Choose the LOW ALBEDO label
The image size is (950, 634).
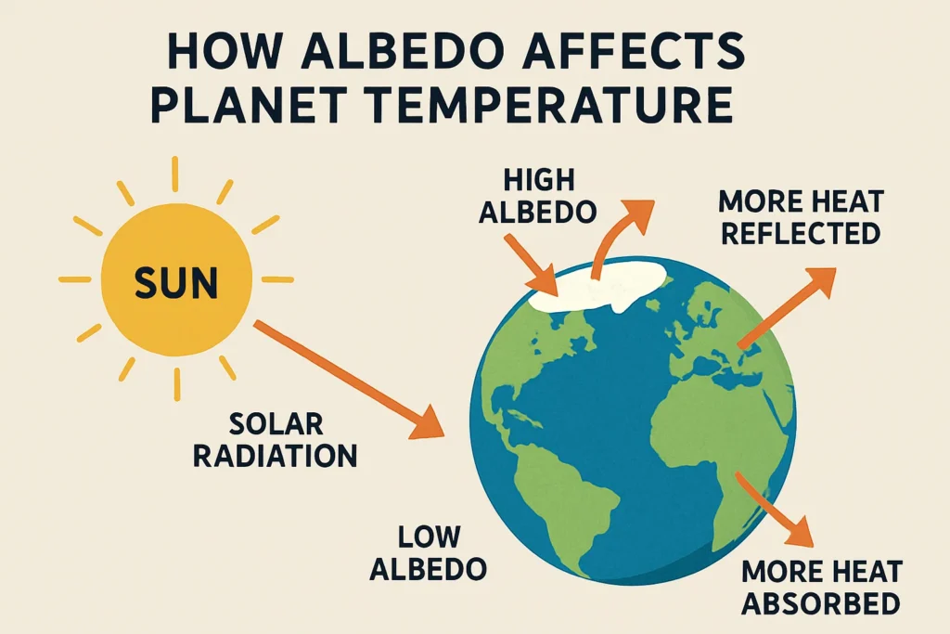point(429,552)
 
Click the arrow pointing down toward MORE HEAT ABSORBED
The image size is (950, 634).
point(774,510)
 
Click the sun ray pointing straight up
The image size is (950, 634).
point(173,175)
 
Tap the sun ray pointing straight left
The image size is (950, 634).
point(74,279)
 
